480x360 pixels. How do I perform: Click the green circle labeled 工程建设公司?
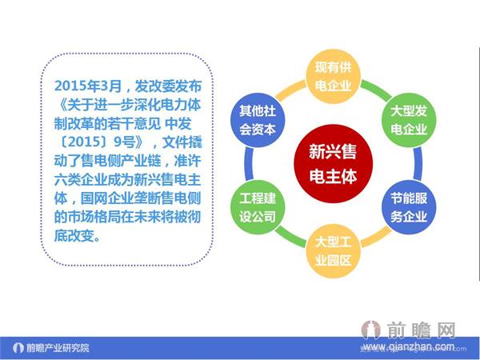click(258, 206)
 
